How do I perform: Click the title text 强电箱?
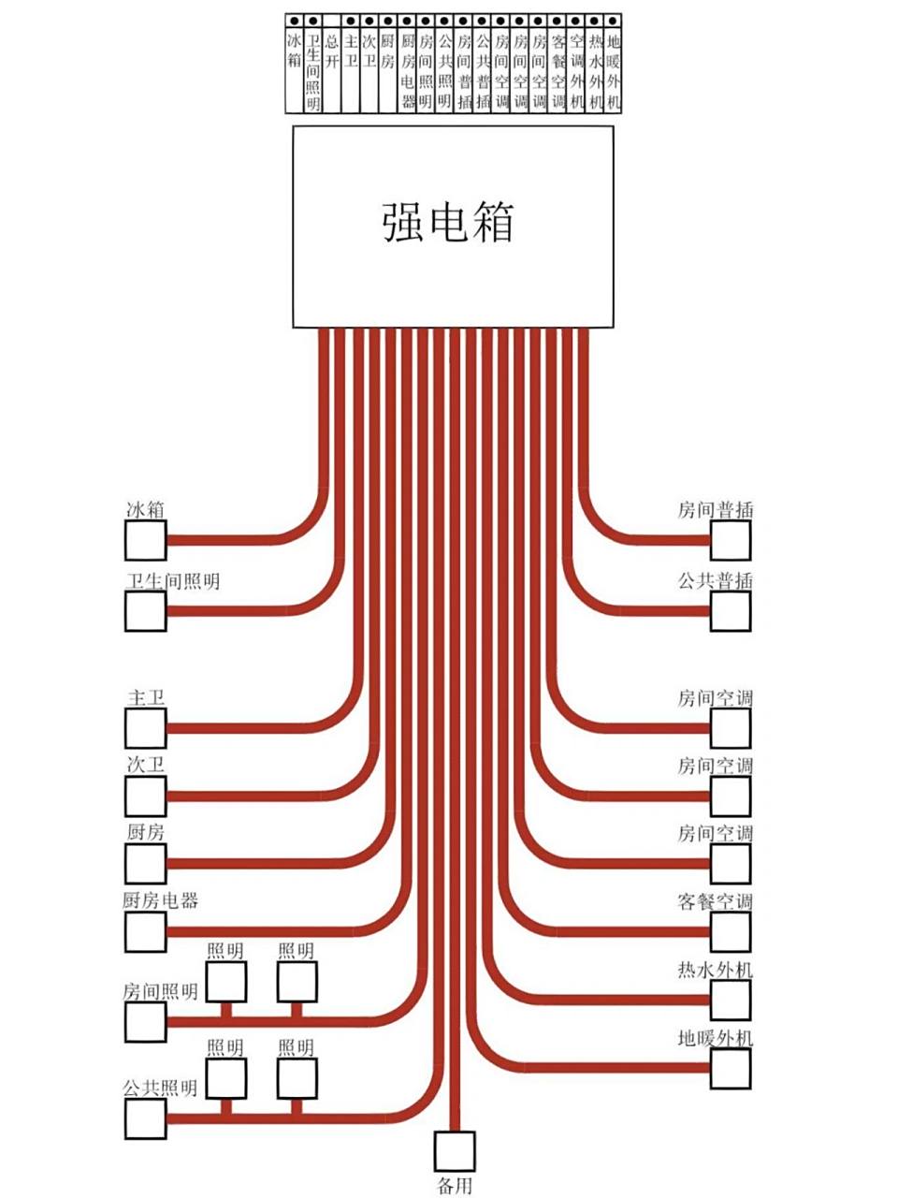(x=448, y=223)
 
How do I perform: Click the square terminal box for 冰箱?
(x=146, y=540)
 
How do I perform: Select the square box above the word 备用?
(x=455, y=1151)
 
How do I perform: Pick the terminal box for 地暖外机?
(x=731, y=1068)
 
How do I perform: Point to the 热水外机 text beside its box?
(x=715, y=971)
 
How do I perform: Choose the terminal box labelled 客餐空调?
(x=731, y=932)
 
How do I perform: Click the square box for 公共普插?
(x=731, y=611)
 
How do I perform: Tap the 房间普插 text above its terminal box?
(x=715, y=510)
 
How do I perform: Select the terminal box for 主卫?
(x=146, y=728)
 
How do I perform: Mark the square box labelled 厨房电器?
(x=146, y=932)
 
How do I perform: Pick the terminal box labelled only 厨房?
(x=146, y=863)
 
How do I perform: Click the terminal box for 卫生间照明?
(x=146, y=611)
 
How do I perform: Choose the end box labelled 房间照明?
(x=146, y=1022)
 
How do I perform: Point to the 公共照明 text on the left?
(x=160, y=1088)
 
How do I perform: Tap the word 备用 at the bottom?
(x=455, y=1187)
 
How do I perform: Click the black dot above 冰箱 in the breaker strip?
(x=295, y=20)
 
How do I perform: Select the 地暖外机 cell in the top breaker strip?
(x=613, y=70)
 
